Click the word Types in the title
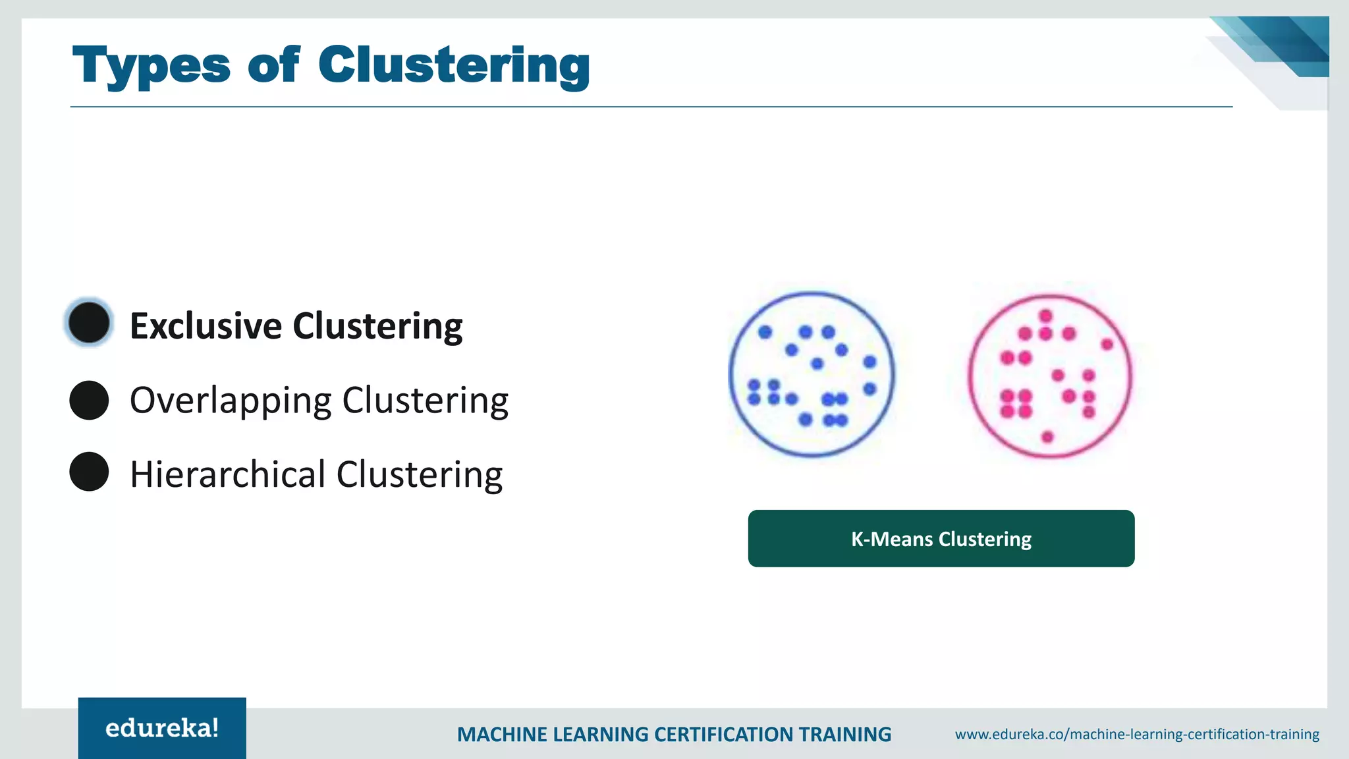point(151,66)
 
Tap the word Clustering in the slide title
point(454,66)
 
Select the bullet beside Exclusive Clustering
point(89,323)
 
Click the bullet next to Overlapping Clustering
point(89,400)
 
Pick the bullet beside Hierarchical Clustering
point(89,472)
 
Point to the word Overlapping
point(231,401)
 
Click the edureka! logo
point(162,728)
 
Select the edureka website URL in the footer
point(1137,734)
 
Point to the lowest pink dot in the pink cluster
point(1048,436)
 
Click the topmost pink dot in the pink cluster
point(1046,316)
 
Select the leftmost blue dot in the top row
point(765,332)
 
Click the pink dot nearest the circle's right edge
point(1107,344)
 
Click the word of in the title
point(273,66)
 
